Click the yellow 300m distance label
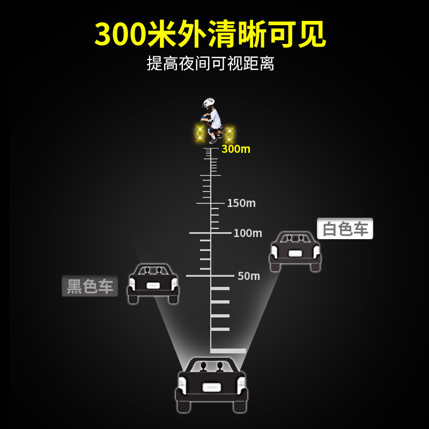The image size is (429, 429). point(236,149)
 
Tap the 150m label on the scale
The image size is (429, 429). point(241,203)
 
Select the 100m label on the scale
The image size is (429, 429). point(248,233)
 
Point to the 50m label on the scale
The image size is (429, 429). point(249,276)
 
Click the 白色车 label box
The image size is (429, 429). point(345,229)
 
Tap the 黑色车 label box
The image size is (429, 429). point(90,286)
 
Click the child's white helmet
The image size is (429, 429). point(209,103)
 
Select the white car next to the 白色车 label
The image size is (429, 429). point(295,251)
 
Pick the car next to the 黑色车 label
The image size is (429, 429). point(153,283)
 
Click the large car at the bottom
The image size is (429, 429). point(212,385)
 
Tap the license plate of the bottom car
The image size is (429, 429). point(212,388)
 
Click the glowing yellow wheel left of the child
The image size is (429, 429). point(200,131)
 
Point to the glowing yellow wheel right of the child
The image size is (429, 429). point(230,132)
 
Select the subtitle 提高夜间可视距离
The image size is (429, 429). point(211,63)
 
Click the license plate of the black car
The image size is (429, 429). point(153,286)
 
